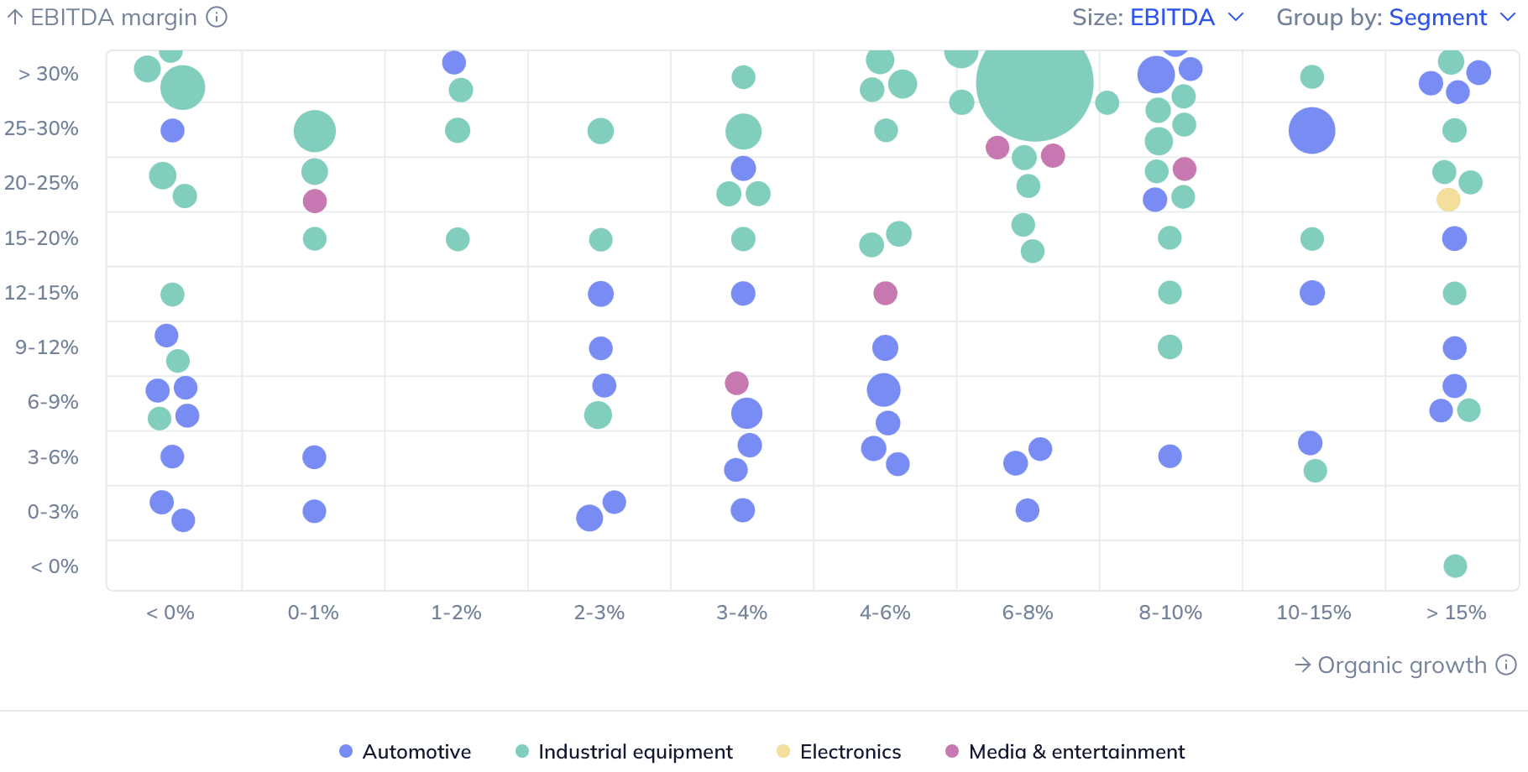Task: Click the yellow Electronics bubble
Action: coord(1448,200)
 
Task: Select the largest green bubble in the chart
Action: coord(1034,83)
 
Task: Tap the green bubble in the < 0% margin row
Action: coord(1455,566)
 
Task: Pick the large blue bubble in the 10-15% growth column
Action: coord(1311,131)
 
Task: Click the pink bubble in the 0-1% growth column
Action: coord(314,201)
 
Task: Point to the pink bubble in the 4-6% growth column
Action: coord(885,293)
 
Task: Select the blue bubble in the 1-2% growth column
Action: coord(453,62)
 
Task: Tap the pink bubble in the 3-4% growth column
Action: coord(736,383)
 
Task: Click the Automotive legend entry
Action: coord(406,751)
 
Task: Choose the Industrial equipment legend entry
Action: coord(624,751)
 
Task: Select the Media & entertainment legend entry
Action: coord(1065,751)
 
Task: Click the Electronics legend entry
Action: coord(839,751)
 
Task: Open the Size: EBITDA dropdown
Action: coord(1159,18)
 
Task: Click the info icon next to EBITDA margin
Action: coord(217,17)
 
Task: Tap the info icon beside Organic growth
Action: coord(1506,665)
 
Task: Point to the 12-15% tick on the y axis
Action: coord(41,293)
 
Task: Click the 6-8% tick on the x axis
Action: coord(1028,613)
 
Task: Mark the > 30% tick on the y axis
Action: coord(49,74)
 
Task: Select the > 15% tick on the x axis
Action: coord(1456,613)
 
